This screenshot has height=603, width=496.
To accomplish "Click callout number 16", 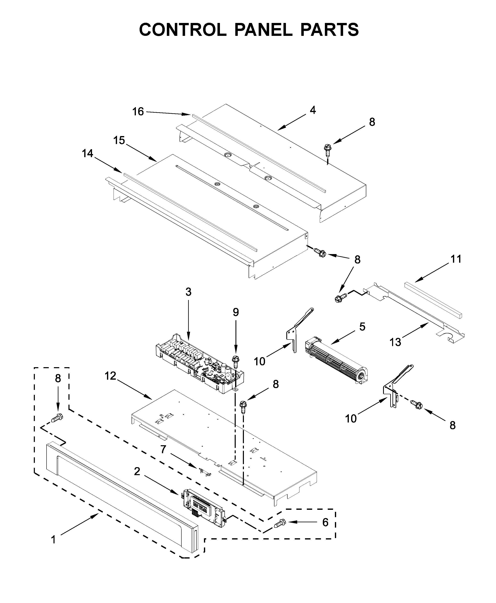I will (138, 112).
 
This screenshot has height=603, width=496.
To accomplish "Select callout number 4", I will (313, 110).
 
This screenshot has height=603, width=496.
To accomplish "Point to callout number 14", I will (88, 153).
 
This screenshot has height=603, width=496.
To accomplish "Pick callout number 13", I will (395, 342).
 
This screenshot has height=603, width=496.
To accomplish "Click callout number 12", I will (110, 376).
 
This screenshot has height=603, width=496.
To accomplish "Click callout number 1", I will (53, 540).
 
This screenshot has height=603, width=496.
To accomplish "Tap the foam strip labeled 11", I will (433, 300).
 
